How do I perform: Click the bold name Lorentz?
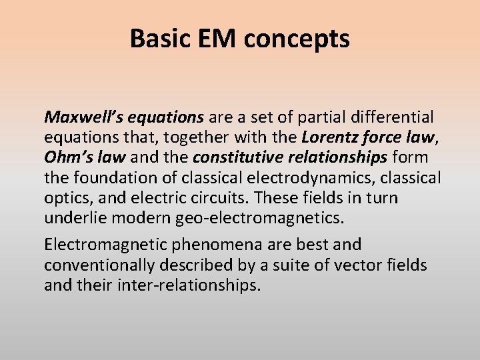327,138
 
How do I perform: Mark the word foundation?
106,178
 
